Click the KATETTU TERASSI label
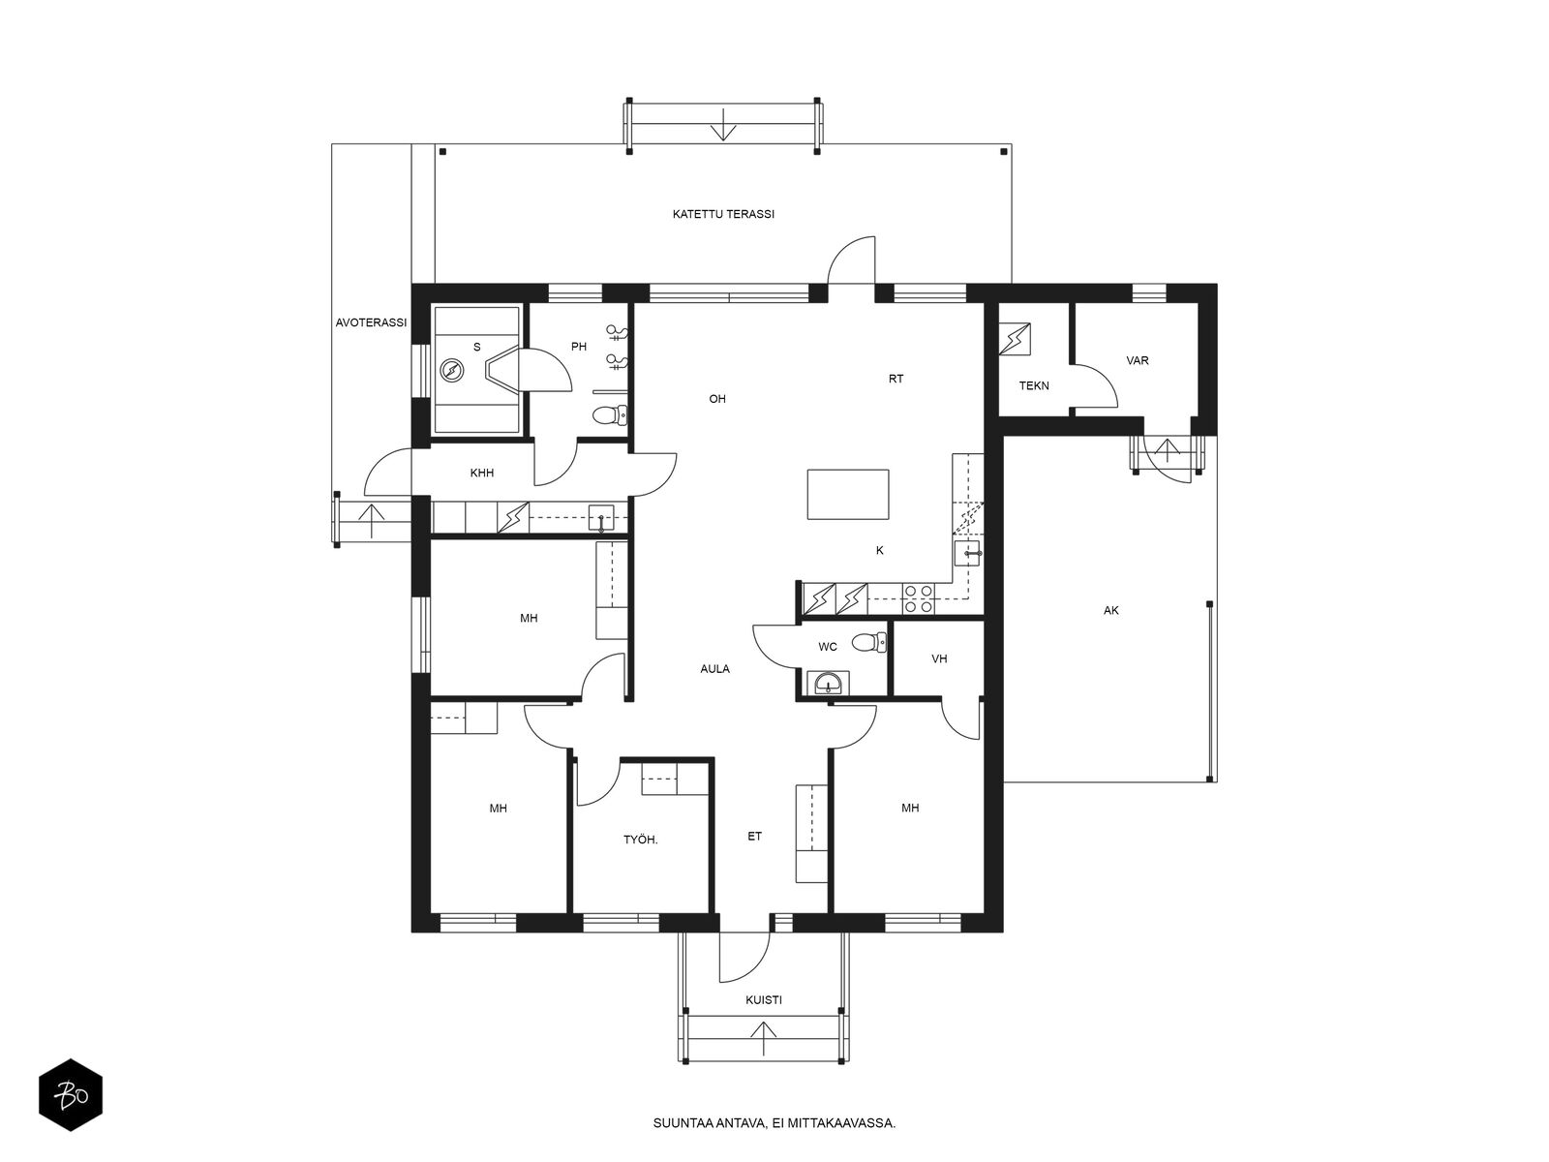pyautogui.click(x=722, y=214)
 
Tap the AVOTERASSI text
pyautogui.click(x=371, y=322)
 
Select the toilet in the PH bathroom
pyautogui.click(x=611, y=414)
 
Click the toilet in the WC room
pyautogui.click(x=868, y=642)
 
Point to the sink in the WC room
pyautogui.click(x=827, y=683)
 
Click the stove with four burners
pyautogui.click(x=918, y=597)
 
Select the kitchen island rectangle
pyautogui.click(x=847, y=494)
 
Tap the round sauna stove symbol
pyautogui.click(x=452, y=369)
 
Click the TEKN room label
pyautogui.click(x=1034, y=386)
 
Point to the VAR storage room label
pyautogui.click(x=1137, y=360)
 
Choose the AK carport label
pyautogui.click(x=1110, y=610)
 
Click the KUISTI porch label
pyautogui.click(x=764, y=999)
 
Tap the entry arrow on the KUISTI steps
pyautogui.click(x=763, y=1038)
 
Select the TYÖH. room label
pyautogui.click(x=640, y=840)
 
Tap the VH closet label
pyautogui.click(x=938, y=658)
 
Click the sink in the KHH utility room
pyautogui.click(x=600, y=518)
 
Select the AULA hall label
pyautogui.click(x=714, y=669)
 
